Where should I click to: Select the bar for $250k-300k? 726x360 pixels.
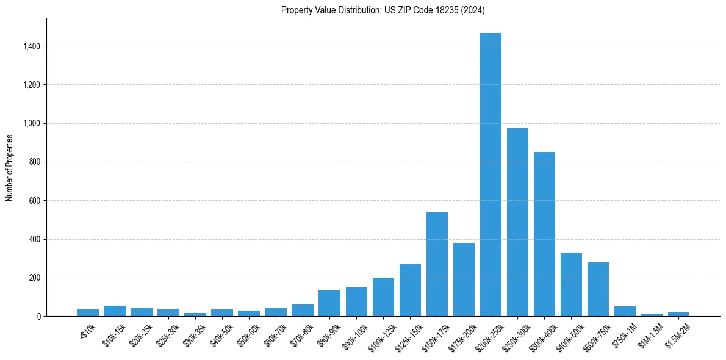tap(517, 222)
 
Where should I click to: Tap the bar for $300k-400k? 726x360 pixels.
tap(544, 234)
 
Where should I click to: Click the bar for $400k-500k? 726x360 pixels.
tap(571, 284)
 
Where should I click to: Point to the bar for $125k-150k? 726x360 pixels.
tap(410, 290)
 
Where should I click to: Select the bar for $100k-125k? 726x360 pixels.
tap(383, 297)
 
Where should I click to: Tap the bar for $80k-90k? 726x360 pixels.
tap(329, 303)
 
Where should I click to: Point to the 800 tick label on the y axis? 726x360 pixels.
tap(34, 162)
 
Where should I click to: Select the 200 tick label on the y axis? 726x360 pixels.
tap(34, 278)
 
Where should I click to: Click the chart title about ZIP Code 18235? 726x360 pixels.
tap(383, 10)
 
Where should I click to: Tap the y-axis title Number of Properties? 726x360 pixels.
tap(10, 168)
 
